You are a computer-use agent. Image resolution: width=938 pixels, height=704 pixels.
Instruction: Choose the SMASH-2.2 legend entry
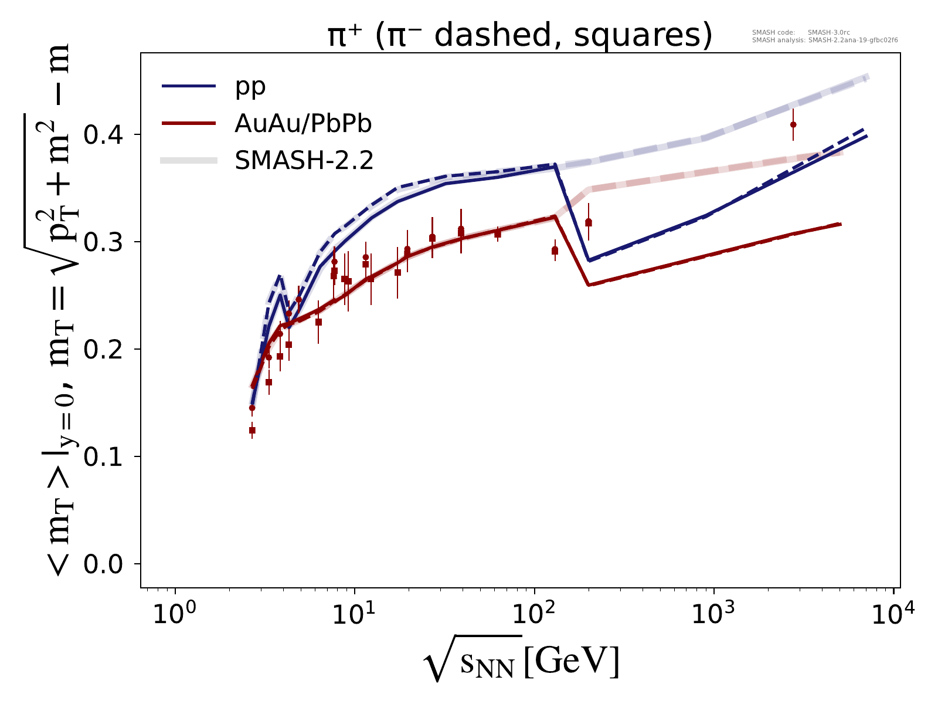pos(304,160)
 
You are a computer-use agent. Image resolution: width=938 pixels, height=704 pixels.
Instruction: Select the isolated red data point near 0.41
pos(793,124)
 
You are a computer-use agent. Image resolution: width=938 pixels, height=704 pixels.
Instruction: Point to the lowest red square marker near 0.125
pos(252,430)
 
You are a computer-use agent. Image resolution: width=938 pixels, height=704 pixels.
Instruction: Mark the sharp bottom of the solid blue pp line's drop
pos(589,260)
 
